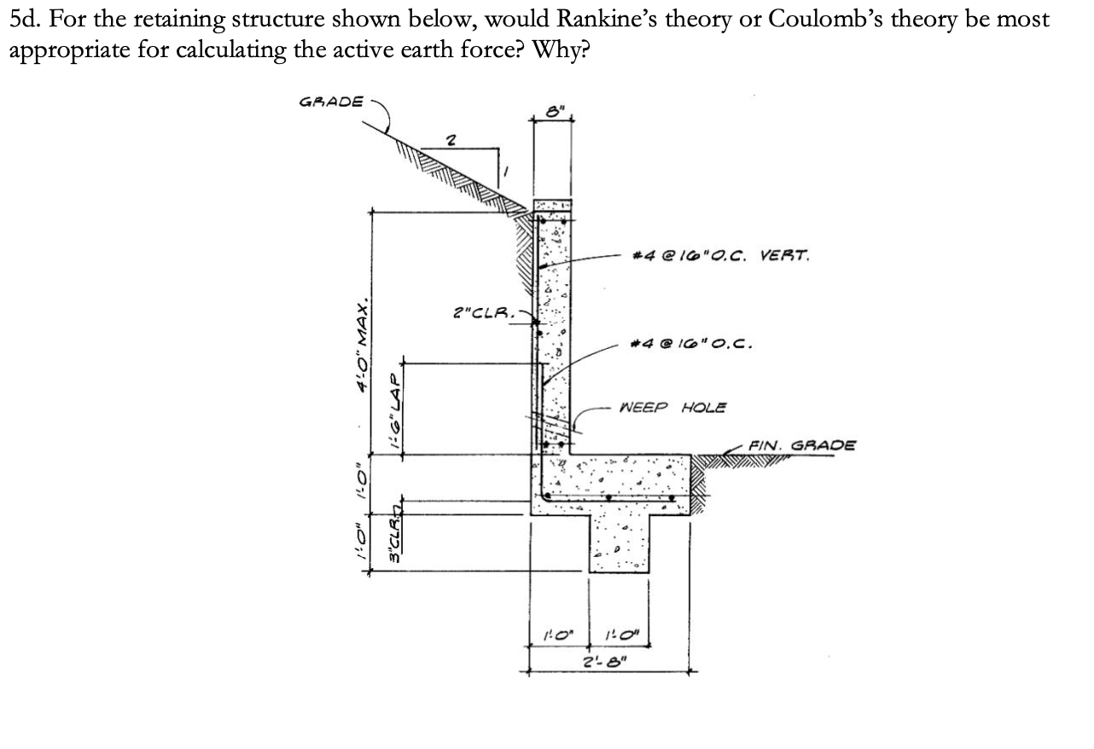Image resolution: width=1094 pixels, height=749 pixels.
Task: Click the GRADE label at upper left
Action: tap(331, 102)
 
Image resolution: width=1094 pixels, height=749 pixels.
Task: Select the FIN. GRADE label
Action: tap(801, 444)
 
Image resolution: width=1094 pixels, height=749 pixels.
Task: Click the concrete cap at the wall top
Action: tap(553, 205)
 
